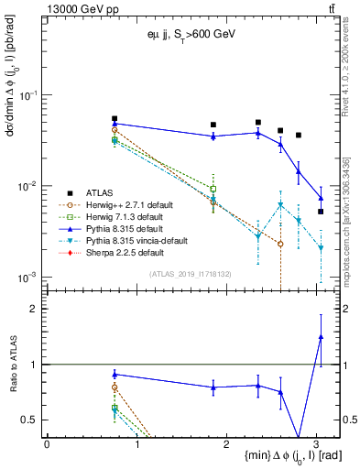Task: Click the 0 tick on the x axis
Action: [47, 444]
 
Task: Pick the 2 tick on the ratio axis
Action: [39, 309]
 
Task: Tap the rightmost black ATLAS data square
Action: [321, 212]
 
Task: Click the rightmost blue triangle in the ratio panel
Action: [321, 337]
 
